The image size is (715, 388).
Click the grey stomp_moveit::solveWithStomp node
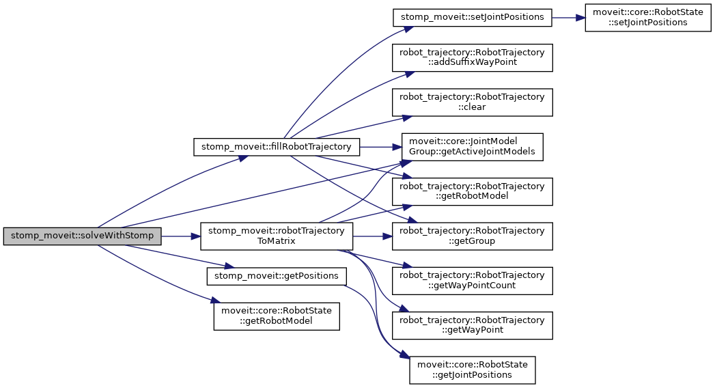point(83,236)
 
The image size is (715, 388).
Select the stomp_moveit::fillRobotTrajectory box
point(276,147)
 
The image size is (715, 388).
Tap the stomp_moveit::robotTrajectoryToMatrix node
point(276,236)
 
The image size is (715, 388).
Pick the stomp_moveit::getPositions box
point(276,276)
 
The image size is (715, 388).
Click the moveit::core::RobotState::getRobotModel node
point(276,316)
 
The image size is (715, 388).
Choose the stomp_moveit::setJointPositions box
point(472,16)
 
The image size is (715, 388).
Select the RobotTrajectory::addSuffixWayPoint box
point(472,58)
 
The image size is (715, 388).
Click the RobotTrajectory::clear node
point(472,102)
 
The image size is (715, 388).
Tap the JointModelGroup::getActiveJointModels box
point(472,147)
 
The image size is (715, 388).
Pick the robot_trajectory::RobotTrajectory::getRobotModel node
point(472,191)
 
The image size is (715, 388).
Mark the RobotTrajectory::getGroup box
point(472,236)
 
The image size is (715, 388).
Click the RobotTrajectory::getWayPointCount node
point(472,280)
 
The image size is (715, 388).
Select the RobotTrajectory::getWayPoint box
point(472,324)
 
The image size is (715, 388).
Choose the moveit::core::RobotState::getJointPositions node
point(472,369)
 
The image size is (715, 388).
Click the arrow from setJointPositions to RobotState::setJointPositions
point(568,16)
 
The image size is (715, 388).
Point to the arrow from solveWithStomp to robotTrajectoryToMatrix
point(181,236)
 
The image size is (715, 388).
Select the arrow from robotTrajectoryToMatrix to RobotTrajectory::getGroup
point(371,236)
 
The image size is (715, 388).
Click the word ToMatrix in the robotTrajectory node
point(276,241)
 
